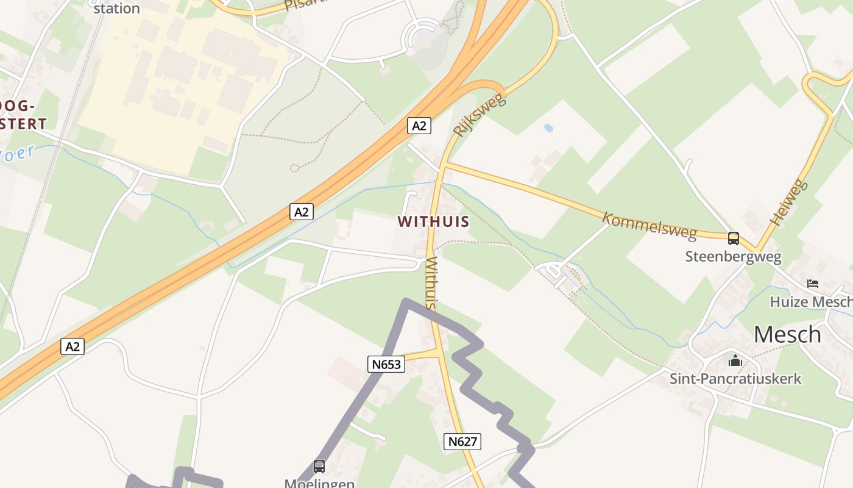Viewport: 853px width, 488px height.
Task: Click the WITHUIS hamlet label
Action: pyautogui.click(x=433, y=221)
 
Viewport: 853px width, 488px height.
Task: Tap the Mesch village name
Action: pyautogui.click(x=787, y=334)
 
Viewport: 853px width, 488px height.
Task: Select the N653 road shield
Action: pyautogui.click(x=386, y=364)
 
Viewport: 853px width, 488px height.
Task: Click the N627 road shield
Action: pyautogui.click(x=462, y=441)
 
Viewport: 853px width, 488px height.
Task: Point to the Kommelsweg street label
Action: pyautogui.click(x=649, y=225)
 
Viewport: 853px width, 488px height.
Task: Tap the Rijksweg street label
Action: pyautogui.click(x=480, y=114)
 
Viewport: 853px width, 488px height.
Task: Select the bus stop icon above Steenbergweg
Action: pyautogui.click(x=734, y=238)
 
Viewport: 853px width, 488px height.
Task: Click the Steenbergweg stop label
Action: pyautogui.click(x=733, y=256)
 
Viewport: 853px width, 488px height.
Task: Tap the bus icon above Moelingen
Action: pyautogui.click(x=319, y=466)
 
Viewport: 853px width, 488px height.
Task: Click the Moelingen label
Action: pyautogui.click(x=319, y=483)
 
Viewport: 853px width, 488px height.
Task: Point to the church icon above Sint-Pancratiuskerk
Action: pyautogui.click(x=735, y=361)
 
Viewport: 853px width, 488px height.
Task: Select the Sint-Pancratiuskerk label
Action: pyautogui.click(x=735, y=378)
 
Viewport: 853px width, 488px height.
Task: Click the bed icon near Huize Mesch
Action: pyautogui.click(x=812, y=283)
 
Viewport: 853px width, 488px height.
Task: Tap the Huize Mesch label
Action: pyautogui.click(x=810, y=301)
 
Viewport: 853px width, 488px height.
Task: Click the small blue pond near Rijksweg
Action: pyautogui.click(x=548, y=128)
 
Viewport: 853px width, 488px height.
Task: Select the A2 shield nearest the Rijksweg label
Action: pyautogui.click(x=419, y=126)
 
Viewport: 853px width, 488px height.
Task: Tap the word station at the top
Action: pyautogui.click(x=116, y=9)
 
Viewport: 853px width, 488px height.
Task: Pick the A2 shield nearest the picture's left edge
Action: pyautogui.click(x=73, y=346)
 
